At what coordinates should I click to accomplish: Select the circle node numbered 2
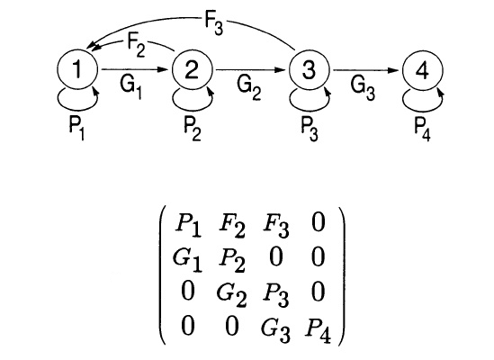pos(192,69)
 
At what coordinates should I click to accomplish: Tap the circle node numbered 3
pos(309,69)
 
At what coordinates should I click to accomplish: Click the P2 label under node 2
pos(189,125)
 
